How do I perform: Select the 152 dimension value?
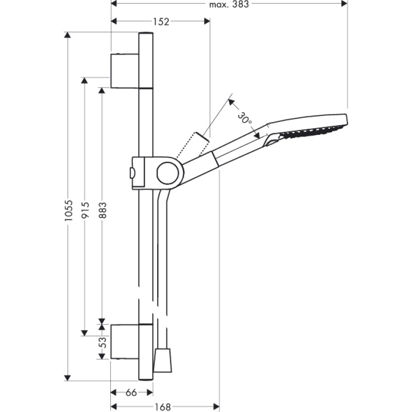pyautogui.click(x=161, y=21)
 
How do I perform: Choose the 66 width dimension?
pyautogui.click(x=131, y=393)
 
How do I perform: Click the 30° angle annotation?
pyautogui.click(x=246, y=118)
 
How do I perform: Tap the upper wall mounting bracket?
pyautogui.click(x=125, y=70)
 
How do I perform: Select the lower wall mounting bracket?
pyautogui.click(x=125, y=341)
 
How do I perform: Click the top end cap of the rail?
pyautogui.click(x=146, y=35)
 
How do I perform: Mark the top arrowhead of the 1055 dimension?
pyautogui.click(x=67, y=35)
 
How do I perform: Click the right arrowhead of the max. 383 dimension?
pyautogui.click(x=345, y=4)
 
